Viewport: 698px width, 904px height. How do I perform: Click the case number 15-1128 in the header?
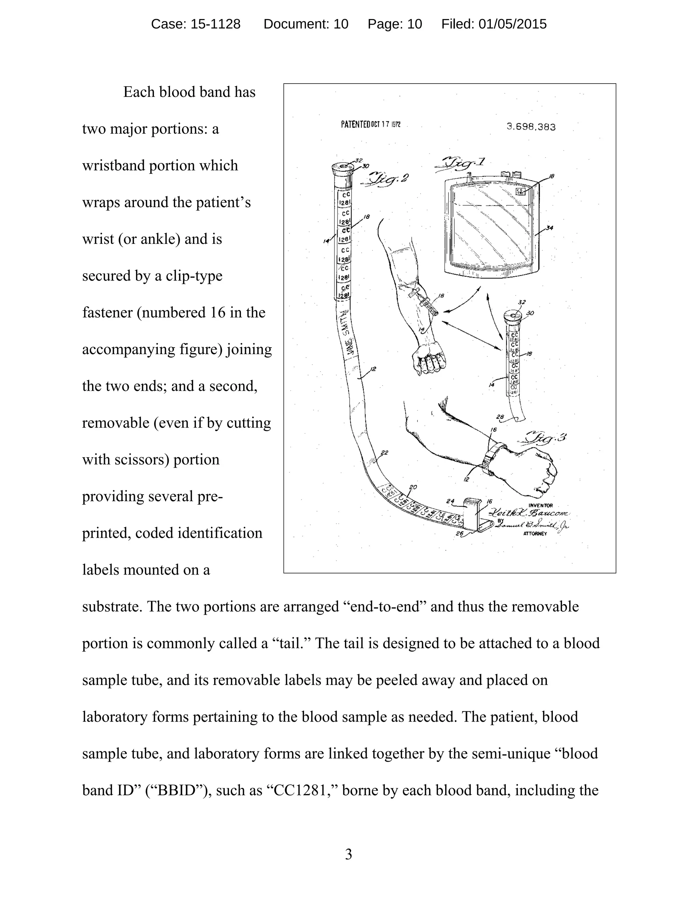(x=215, y=24)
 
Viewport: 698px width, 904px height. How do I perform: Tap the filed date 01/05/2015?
(x=512, y=24)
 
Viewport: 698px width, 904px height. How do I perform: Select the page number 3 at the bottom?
(x=349, y=854)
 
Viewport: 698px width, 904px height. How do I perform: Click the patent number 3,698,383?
(x=531, y=127)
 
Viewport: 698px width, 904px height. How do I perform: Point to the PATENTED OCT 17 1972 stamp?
(x=370, y=124)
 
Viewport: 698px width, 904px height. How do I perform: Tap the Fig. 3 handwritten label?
(x=546, y=438)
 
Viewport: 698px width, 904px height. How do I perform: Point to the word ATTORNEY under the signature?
(x=535, y=534)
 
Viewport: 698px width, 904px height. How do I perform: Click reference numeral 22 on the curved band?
(x=384, y=453)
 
